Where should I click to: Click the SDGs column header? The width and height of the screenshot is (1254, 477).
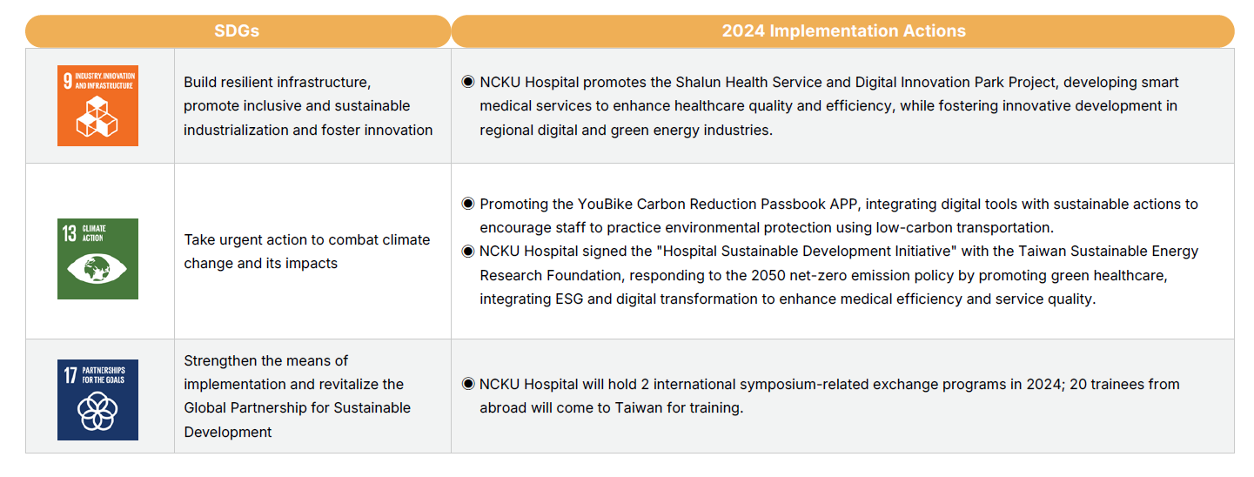click(237, 30)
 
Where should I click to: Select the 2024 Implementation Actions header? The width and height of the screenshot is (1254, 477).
click(843, 30)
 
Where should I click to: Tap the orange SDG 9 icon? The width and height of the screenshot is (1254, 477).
click(98, 106)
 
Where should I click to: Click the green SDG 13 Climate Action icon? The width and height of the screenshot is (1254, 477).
click(98, 259)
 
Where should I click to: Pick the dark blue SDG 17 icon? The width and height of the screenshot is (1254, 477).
click(98, 400)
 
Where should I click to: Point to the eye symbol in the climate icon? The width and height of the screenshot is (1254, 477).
click(97, 269)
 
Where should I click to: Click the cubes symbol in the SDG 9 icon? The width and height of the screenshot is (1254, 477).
click(97, 117)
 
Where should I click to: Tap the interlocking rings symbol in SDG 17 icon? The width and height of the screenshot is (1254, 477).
click(97, 411)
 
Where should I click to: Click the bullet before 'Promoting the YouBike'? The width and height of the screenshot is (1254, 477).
click(467, 203)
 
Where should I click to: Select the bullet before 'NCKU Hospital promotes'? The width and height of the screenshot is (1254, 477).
click(467, 82)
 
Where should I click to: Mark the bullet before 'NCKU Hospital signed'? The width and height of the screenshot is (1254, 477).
click(467, 251)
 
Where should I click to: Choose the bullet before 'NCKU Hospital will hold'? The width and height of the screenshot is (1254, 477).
click(467, 384)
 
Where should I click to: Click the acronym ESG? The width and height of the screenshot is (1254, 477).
click(569, 299)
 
